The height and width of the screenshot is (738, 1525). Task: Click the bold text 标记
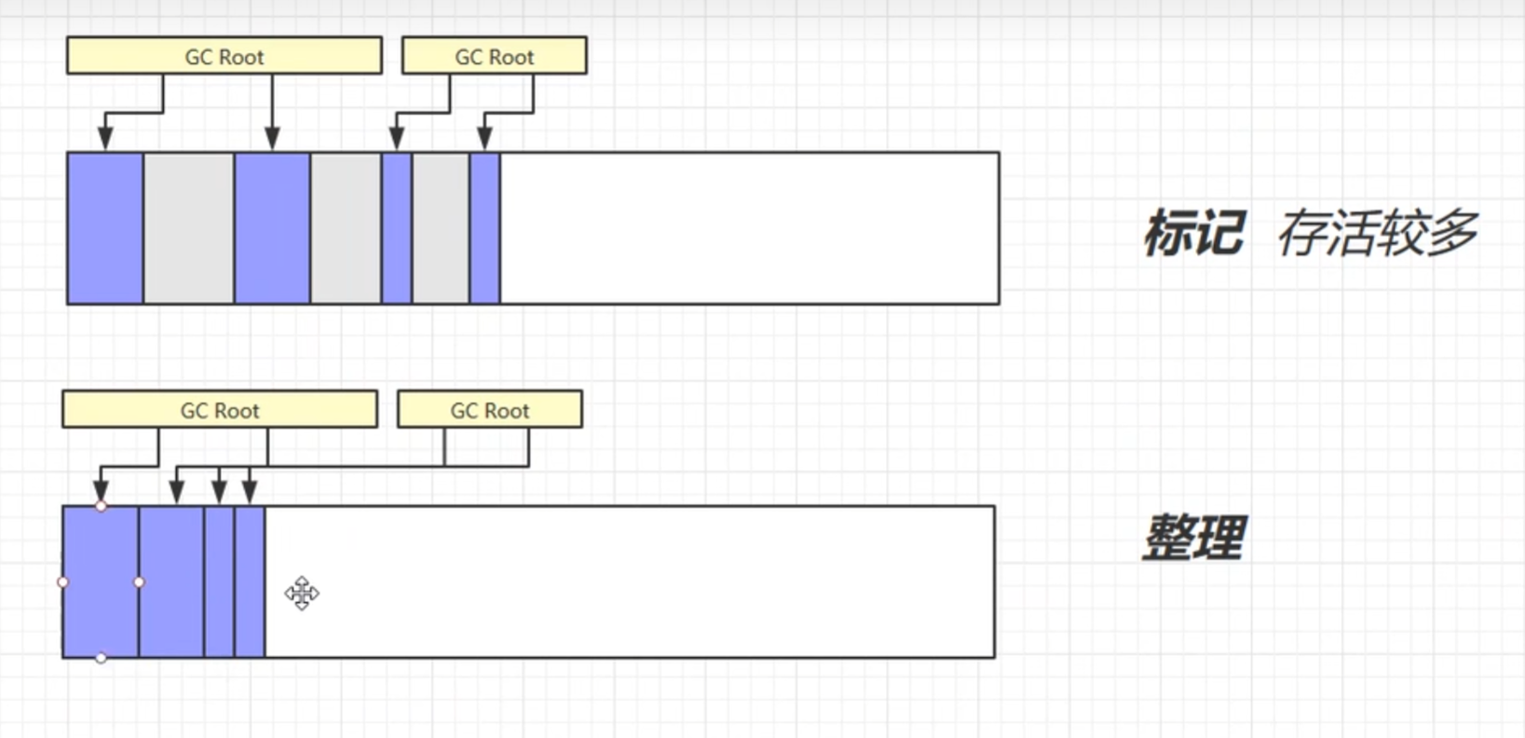pos(1194,233)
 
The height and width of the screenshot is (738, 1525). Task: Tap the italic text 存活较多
pos(1378,233)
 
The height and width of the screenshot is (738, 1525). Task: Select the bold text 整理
pos(1194,538)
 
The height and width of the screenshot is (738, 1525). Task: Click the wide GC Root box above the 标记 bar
pos(225,55)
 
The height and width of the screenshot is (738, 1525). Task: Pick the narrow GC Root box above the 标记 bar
pos(495,55)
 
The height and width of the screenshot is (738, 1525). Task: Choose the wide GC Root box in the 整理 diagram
pos(220,409)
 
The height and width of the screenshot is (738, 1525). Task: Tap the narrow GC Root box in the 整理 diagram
pos(490,409)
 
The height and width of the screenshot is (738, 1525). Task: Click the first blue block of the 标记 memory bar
pos(105,228)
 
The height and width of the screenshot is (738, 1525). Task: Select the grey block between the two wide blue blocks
pos(189,228)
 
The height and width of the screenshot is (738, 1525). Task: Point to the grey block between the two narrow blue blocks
pos(442,228)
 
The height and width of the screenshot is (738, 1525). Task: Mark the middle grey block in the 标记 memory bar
pos(346,228)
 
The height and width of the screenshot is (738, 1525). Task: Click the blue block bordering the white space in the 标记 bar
pos(485,228)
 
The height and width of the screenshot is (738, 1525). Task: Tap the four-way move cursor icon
pos(302,593)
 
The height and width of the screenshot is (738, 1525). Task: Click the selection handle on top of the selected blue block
pos(101,506)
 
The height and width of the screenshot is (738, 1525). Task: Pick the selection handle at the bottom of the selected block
pos(101,658)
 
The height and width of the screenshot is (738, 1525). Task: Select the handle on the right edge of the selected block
pos(139,582)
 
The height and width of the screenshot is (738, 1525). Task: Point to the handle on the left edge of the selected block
pos(62,582)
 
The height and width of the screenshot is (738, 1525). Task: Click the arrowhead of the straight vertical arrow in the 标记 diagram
pos(272,138)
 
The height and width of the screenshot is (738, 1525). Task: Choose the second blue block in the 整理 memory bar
pos(171,582)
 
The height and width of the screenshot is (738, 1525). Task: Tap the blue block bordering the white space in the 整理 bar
pos(250,582)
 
